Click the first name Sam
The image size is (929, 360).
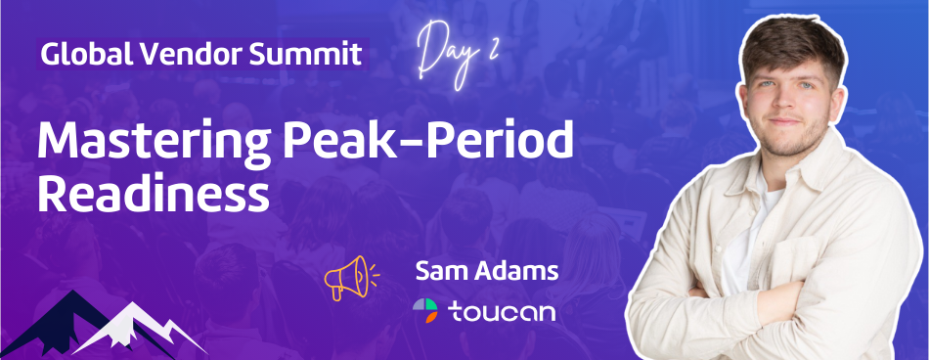pyautogui.click(x=439, y=271)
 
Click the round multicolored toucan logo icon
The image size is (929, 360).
pyautogui.click(x=425, y=311)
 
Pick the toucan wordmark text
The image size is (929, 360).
pyautogui.click(x=501, y=312)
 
